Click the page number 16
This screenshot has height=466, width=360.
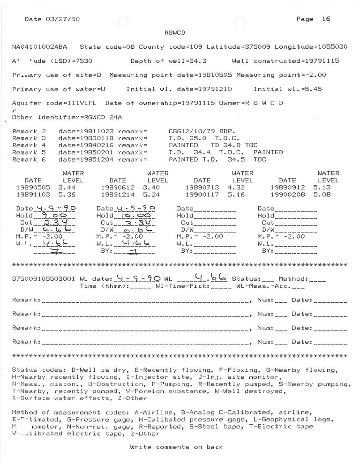(x=326, y=19)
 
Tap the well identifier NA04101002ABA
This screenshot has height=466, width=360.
(x=39, y=47)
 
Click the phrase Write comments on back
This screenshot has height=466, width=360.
(x=176, y=447)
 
